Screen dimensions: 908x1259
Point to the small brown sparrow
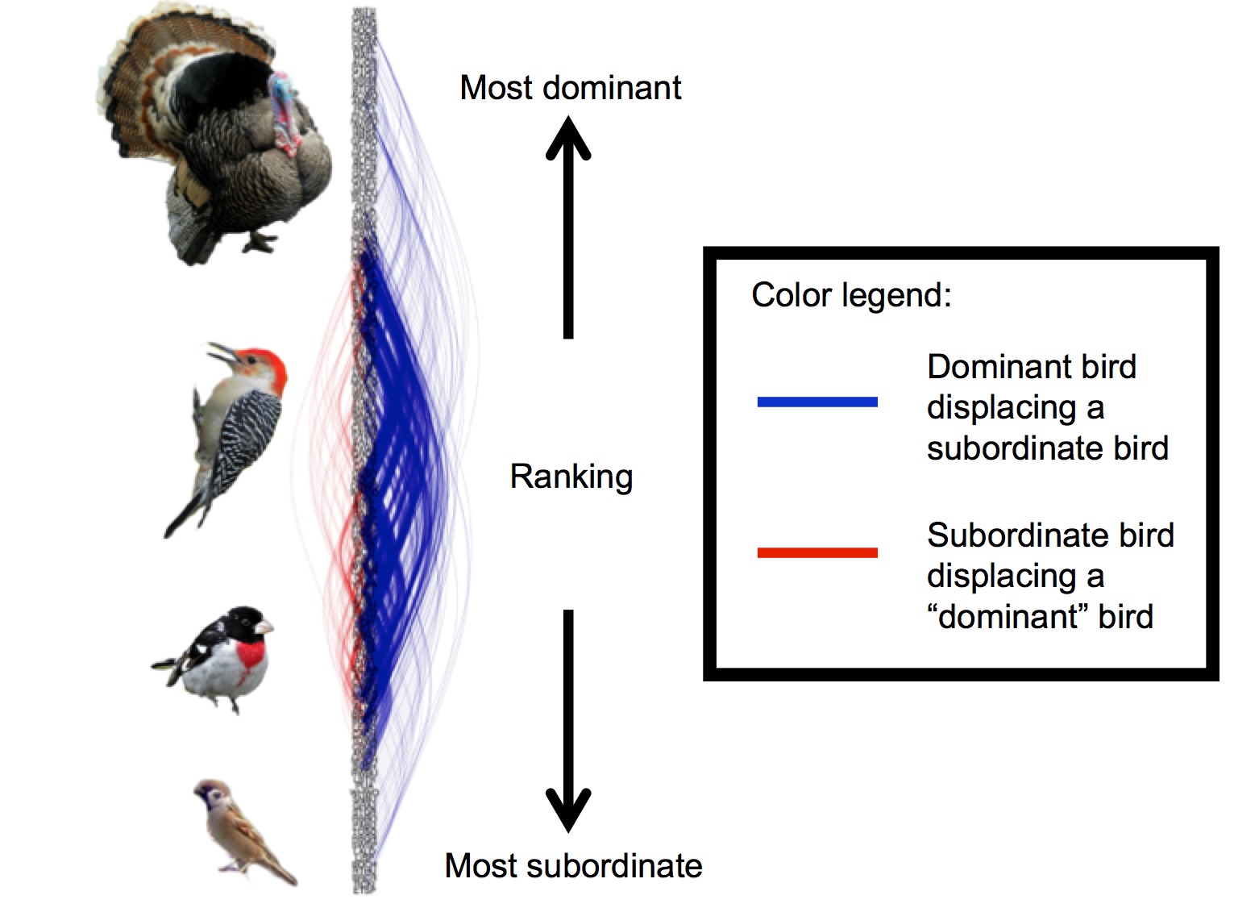[x=242, y=831]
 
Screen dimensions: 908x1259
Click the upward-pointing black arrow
[x=568, y=226]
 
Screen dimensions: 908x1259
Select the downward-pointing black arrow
[x=568, y=718]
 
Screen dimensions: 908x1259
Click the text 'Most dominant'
[x=570, y=88]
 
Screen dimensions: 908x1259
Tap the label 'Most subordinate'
[x=573, y=866]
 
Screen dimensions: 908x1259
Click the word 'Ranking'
[x=571, y=477]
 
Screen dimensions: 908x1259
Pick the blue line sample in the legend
[x=816, y=402]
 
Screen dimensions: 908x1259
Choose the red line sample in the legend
[x=816, y=552]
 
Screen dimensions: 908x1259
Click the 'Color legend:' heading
[x=851, y=295]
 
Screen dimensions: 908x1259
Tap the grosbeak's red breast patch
[x=252, y=653]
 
